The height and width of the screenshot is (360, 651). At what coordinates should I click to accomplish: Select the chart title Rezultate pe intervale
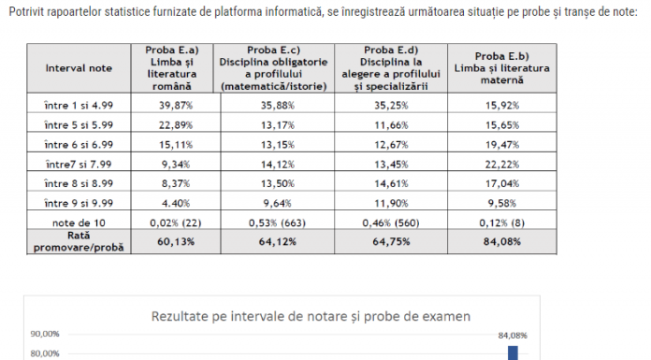311,314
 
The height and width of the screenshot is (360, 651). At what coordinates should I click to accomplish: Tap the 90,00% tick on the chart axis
45,334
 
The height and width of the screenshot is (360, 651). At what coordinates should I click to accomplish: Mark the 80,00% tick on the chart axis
45,353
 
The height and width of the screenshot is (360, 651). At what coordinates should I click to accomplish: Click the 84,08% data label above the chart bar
513,335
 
